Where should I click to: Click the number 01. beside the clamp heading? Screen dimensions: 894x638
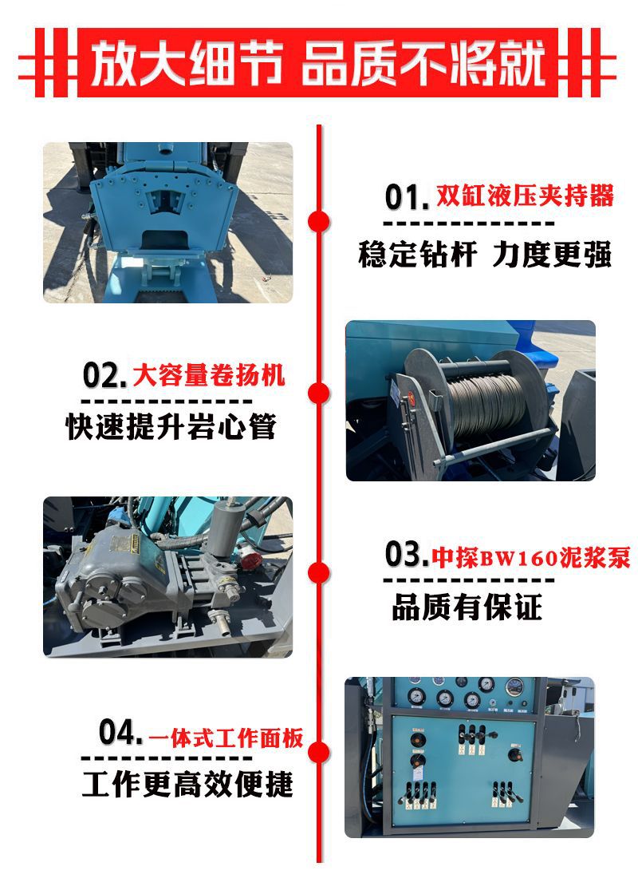[407, 196]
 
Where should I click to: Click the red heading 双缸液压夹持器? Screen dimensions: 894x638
[525, 196]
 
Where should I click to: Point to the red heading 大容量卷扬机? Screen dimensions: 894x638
[208, 374]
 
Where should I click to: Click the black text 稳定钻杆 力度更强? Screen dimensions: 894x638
[484, 255]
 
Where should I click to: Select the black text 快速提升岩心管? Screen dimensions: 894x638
[171, 427]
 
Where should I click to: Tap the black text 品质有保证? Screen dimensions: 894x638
[467, 607]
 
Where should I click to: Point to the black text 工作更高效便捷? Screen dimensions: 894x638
[187, 784]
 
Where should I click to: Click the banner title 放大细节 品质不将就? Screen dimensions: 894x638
[318, 64]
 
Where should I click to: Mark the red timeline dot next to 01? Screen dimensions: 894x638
[319, 220]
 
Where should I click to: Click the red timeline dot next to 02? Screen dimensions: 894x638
[319, 393]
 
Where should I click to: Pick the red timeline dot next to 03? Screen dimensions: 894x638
[319, 572]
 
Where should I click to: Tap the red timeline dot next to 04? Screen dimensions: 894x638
[319, 752]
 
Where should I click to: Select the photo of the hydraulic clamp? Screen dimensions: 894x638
[167, 223]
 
